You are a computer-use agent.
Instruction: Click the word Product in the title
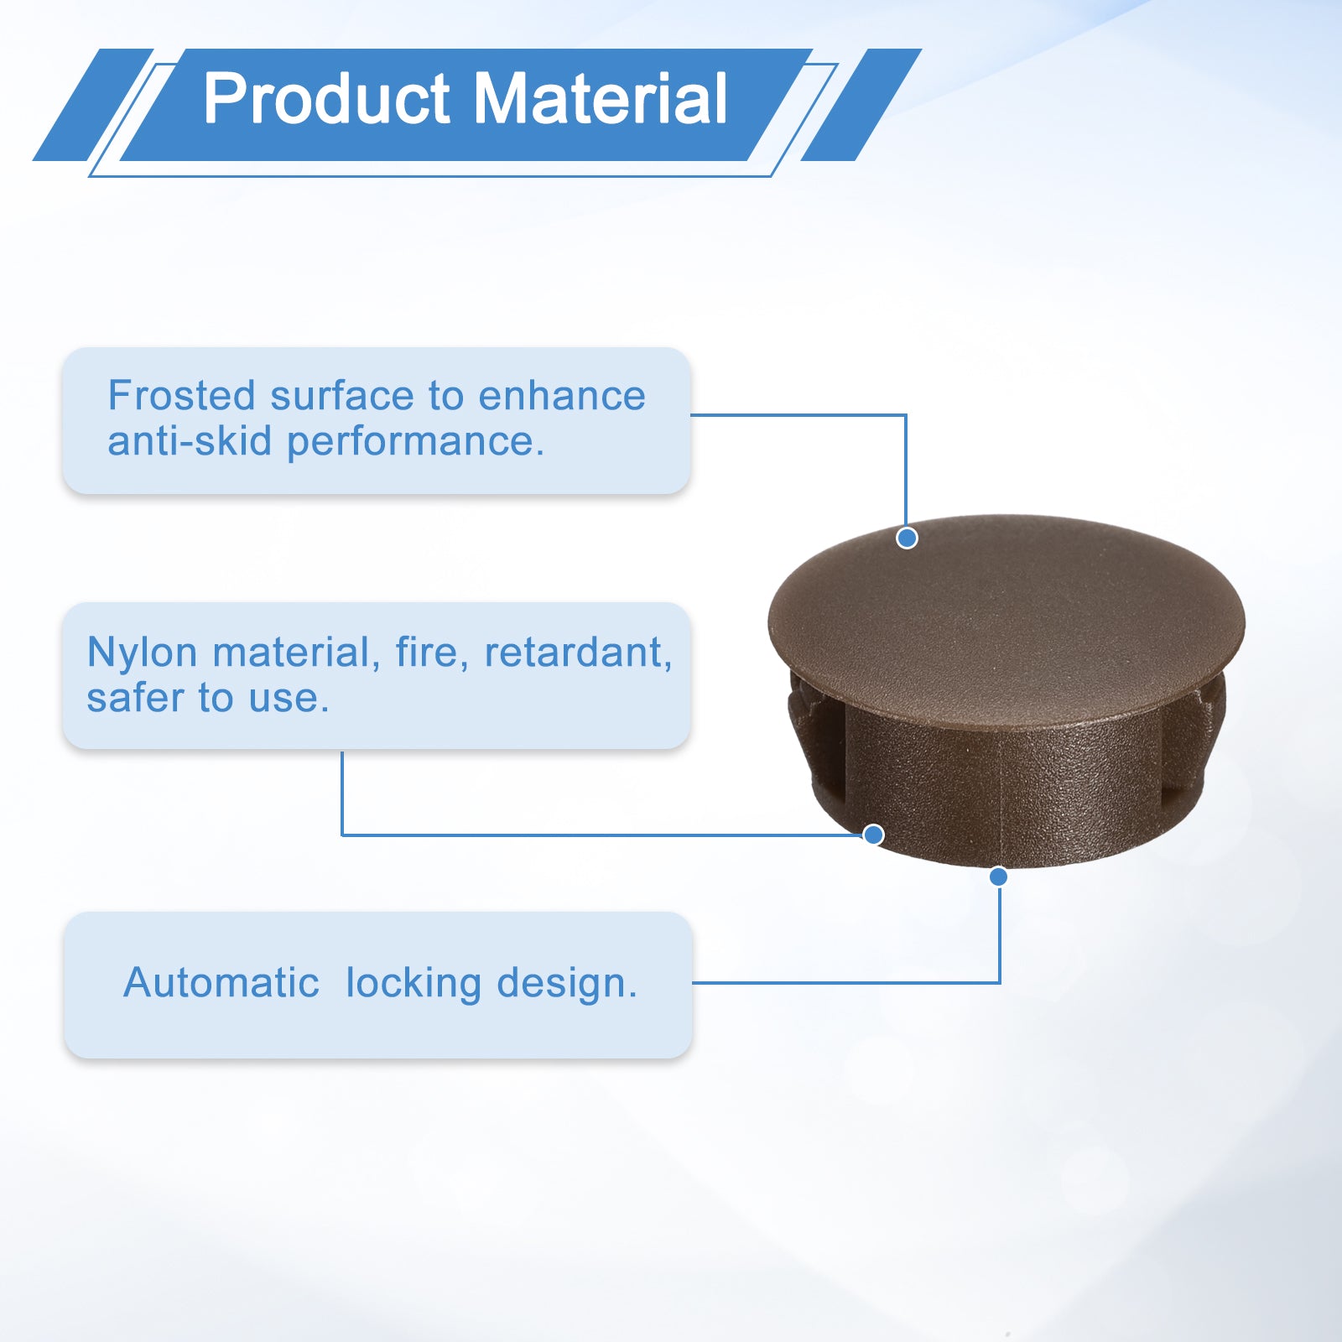(x=327, y=99)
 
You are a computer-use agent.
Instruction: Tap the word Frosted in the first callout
(x=181, y=396)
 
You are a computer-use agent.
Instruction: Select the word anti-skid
(x=190, y=441)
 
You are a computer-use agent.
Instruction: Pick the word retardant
(x=578, y=653)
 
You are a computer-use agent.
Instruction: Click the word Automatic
(x=221, y=982)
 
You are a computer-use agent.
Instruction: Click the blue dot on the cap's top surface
(x=907, y=538)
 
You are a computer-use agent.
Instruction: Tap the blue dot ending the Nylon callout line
(x=873, y=835)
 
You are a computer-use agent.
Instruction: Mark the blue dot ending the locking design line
(x=998, y=876)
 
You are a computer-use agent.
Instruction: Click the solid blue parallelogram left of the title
(x=93, y=105)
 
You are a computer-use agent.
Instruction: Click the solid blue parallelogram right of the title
(x=861, y=105)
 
